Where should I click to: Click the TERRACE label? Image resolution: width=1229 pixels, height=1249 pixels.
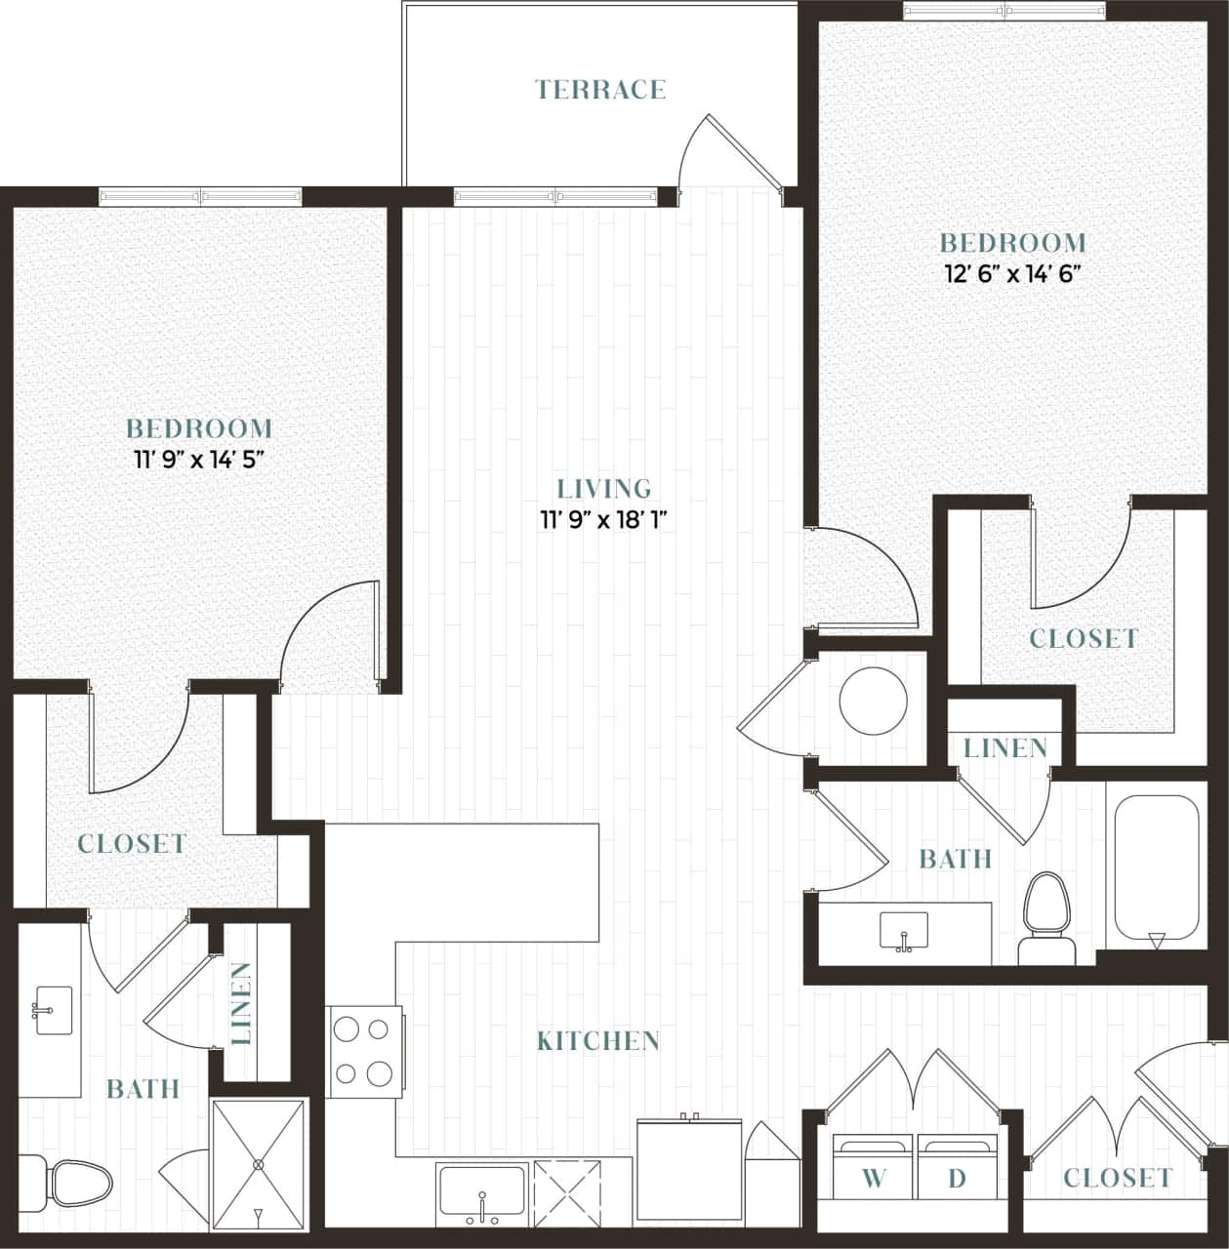[600, 90]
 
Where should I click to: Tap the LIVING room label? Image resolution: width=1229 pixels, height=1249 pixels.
[603, 488]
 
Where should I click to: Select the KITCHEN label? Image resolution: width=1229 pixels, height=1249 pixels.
[598, 1041]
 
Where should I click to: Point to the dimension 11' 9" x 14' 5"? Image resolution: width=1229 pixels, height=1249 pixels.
[200, 460]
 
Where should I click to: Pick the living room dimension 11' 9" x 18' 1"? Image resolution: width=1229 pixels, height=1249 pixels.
[603, 519]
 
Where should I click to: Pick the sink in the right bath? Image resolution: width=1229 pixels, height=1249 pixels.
[905, 930]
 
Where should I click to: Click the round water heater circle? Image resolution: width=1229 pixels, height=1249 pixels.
[874, 701]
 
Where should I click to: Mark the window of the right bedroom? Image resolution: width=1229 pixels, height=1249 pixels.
[1004, 11]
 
